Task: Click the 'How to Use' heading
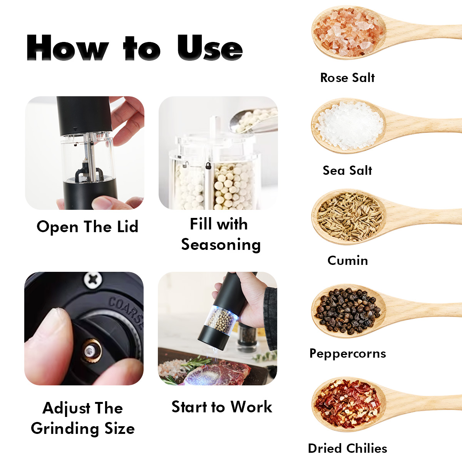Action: point(134,47)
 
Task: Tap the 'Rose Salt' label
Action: point(347,78)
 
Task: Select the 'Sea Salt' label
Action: point(347,171)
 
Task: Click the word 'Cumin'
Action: point(348,260)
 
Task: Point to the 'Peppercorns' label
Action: point(348,354)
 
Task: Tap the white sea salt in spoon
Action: point(350,126)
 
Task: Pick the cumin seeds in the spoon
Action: point(350,217)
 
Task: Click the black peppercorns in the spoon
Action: point(348,311)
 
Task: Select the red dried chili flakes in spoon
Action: point(348,405)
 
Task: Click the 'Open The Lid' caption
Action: point(87,226)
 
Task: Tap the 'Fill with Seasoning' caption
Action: point(221,234)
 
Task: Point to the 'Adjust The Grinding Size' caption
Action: point(83,418)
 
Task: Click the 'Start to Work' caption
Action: point(222,407)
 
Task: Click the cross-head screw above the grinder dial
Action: point(93,279)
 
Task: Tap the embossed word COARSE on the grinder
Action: point(126,312)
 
